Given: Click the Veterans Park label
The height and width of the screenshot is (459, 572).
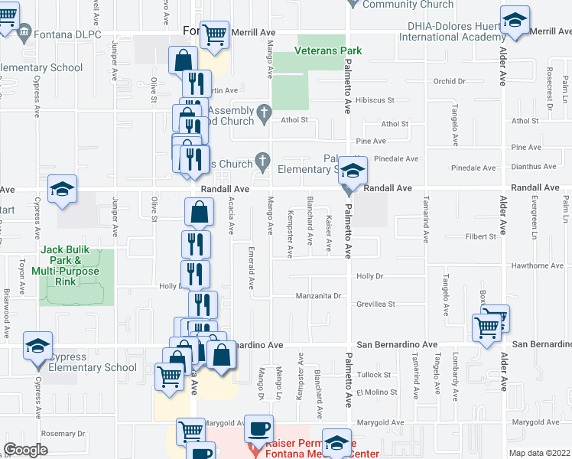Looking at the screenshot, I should pos(327,51).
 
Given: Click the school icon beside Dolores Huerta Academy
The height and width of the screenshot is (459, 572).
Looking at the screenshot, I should pos(515,20).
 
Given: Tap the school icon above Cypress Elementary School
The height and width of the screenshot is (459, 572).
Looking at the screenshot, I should pos(37,347).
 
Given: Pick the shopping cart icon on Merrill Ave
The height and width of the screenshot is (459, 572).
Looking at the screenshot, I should pos(216,33).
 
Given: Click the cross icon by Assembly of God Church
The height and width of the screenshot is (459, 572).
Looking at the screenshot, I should pos(264,113).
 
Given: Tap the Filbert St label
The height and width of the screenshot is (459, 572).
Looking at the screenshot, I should pos(481,237).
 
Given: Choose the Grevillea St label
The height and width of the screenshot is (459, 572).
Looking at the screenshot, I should pos(375,304).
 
